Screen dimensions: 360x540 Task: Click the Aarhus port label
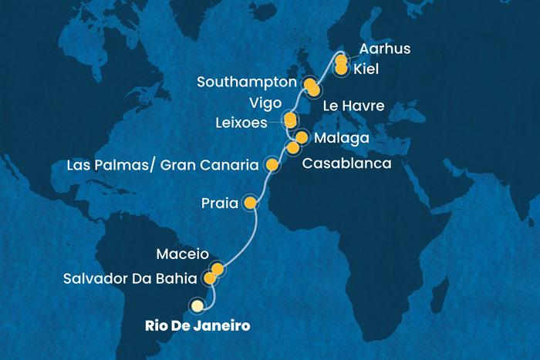click(x=384, y=50)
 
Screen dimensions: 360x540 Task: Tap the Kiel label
click(x=371, y=70)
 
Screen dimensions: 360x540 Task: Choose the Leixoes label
click(x=242, y=122)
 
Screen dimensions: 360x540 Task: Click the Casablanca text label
click(x=346, y=163)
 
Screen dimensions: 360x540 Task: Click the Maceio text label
click(x=182, y=253)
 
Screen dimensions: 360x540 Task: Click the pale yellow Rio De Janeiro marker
click(x=197, y=306)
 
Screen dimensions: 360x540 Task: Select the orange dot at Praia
click(x=250, y=203)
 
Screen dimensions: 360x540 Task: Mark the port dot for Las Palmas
click(x=272, y=164)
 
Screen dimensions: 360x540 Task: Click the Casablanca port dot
click(x=292, y=147)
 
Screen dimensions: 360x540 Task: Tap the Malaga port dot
click(x=302, y=138)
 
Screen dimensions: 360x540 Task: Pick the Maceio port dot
click(x=218, y=269)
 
